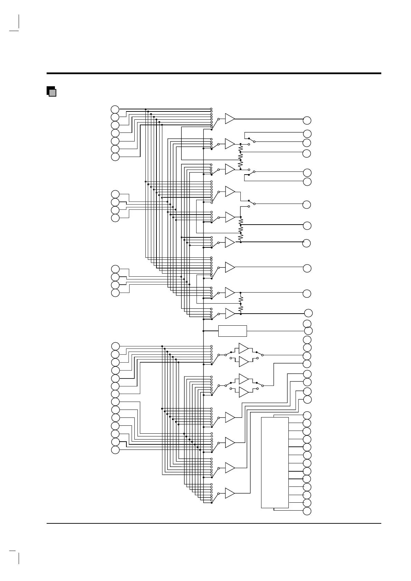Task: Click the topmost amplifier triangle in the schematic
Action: (230, 119)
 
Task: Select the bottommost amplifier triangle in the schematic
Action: (230, 493)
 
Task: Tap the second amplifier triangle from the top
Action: (230, 144)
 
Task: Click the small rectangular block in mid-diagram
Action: (232, 331)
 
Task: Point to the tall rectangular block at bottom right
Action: (275, 462)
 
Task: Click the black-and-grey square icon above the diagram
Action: (51, 91)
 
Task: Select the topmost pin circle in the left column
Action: (115, 109)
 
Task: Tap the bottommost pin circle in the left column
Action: (115, 450)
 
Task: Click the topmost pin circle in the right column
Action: (307, 120)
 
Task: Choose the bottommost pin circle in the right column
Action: (307, 511)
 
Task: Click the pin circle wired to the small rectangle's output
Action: (308, 331)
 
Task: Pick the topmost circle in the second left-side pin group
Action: (115, 194)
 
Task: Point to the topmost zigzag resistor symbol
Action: (241, 149)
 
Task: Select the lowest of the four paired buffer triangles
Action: (243, 392)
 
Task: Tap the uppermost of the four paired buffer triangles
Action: (243, 348)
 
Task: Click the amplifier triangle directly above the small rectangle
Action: (230, 313)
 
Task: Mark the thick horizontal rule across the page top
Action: (214, 73)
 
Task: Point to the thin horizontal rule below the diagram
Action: (214, 523)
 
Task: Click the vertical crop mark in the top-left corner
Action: (19, 21)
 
